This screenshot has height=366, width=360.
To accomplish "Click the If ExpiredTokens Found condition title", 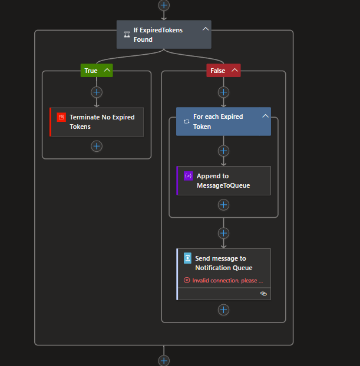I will click(x=158, y=35).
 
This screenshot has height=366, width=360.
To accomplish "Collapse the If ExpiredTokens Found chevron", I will click(x=205, y=28).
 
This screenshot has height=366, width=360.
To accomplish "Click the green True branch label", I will click(x=91, y=71).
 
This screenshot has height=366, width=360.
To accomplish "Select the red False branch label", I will click(x=217, y=71).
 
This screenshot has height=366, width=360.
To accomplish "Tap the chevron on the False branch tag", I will click(x=235, y=71).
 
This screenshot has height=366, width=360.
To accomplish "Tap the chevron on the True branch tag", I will click(x=107, y=71).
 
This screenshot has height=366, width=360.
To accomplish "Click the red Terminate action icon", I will click(x=61, y=117).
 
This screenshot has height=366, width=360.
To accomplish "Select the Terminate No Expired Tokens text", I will click(x=102, y=122).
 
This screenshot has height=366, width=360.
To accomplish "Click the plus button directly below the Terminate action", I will click(x=97, y=146).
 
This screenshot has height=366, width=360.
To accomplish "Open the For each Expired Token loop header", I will click(x=218, y=121).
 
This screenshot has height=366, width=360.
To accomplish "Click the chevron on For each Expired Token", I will click(x=265, y=117).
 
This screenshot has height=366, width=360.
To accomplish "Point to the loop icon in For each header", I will click(x=187, y=121).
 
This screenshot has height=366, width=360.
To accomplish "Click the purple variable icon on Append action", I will click(x=188, y=176).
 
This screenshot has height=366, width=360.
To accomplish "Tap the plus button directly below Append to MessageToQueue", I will click(x=223, y=205).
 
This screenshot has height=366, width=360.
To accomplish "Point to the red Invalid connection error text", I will click(x=227, y=281).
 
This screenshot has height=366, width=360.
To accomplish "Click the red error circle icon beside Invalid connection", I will click(x=187, y=281).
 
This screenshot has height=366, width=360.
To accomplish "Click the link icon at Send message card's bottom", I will click(x=263, y=293).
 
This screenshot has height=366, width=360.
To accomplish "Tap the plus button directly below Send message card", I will click(x=223, y=310).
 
